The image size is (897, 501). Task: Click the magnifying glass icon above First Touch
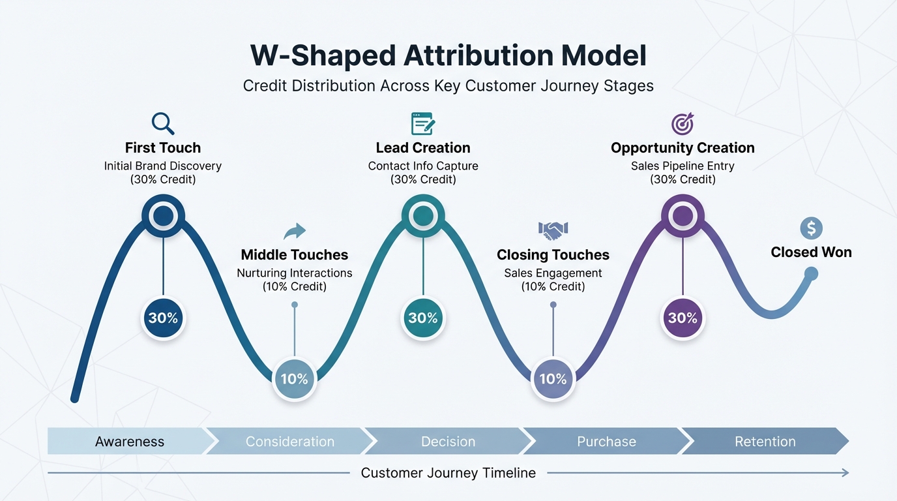tap(162, 123)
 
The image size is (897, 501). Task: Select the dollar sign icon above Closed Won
tap(811, 228)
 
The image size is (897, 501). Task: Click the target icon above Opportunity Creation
tap(683, 123)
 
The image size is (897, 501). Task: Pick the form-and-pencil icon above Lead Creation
tap(423, 123)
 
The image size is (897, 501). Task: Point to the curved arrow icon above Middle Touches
tap(295, 231)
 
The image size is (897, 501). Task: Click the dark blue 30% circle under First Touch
tap(163, 318)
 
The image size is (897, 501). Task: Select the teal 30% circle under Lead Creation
tap(423, 318)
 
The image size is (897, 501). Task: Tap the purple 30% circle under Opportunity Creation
tap(683, 318)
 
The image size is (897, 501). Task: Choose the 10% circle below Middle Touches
tap(295, 378)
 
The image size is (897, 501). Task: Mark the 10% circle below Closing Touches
tap(553, 378)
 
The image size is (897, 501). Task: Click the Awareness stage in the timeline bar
tap(129, 442)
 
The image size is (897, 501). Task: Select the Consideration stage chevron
tap(289, 442)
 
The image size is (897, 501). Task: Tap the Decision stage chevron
tap(448, 442)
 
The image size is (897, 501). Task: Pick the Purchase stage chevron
tap(606, 442)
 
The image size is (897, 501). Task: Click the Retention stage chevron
tap(765, 442)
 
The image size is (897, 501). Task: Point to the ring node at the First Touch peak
tap(163, 216)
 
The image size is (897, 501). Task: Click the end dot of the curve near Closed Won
tap(811, 275)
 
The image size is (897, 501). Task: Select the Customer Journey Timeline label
tap(448, 473)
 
